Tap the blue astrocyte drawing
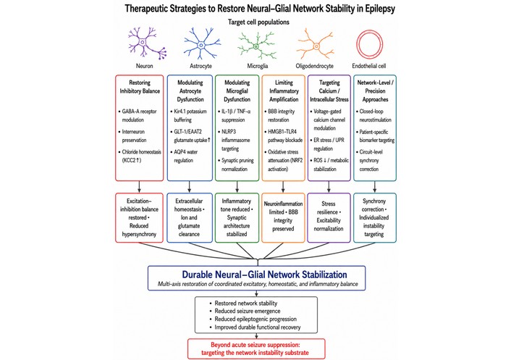(x=201, y=44)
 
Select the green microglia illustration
(x=256, y=46)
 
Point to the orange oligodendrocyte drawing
(x=316, y=46)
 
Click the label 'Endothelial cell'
(x=369, y=66)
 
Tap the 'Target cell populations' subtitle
(x=258, y=22)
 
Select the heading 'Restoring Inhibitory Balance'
(x=140, y=87)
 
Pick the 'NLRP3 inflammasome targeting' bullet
(x=234, y=141)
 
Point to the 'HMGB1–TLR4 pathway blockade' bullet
(x=283, y=136)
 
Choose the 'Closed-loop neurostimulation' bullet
(x=374, y=115)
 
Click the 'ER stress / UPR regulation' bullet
(x=327, y=144)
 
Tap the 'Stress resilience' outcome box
(x=329, y=217)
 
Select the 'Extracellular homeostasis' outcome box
(x=190, y=217)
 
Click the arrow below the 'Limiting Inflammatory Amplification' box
(x=283, y=187)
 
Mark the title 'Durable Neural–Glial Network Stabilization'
(x=264, y=275)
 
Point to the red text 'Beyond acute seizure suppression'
(x=255, y=345)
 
